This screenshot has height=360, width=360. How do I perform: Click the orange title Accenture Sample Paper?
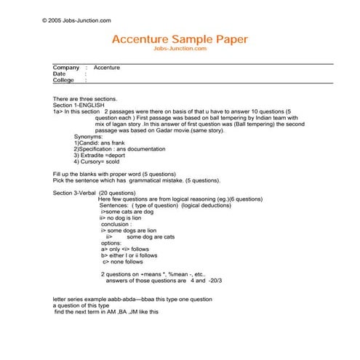180,39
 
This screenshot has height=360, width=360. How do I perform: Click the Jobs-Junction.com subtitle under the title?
180,48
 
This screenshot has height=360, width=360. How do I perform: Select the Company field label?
66,68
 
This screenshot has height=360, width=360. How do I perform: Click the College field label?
64,81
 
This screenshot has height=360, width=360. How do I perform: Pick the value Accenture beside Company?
107,68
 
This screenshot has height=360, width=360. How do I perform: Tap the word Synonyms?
89,136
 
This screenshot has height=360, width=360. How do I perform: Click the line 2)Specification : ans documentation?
121,149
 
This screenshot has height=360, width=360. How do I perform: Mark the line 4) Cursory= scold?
100,161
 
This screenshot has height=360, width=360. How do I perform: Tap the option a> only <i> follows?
125,249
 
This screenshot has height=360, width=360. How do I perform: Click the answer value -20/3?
214,280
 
